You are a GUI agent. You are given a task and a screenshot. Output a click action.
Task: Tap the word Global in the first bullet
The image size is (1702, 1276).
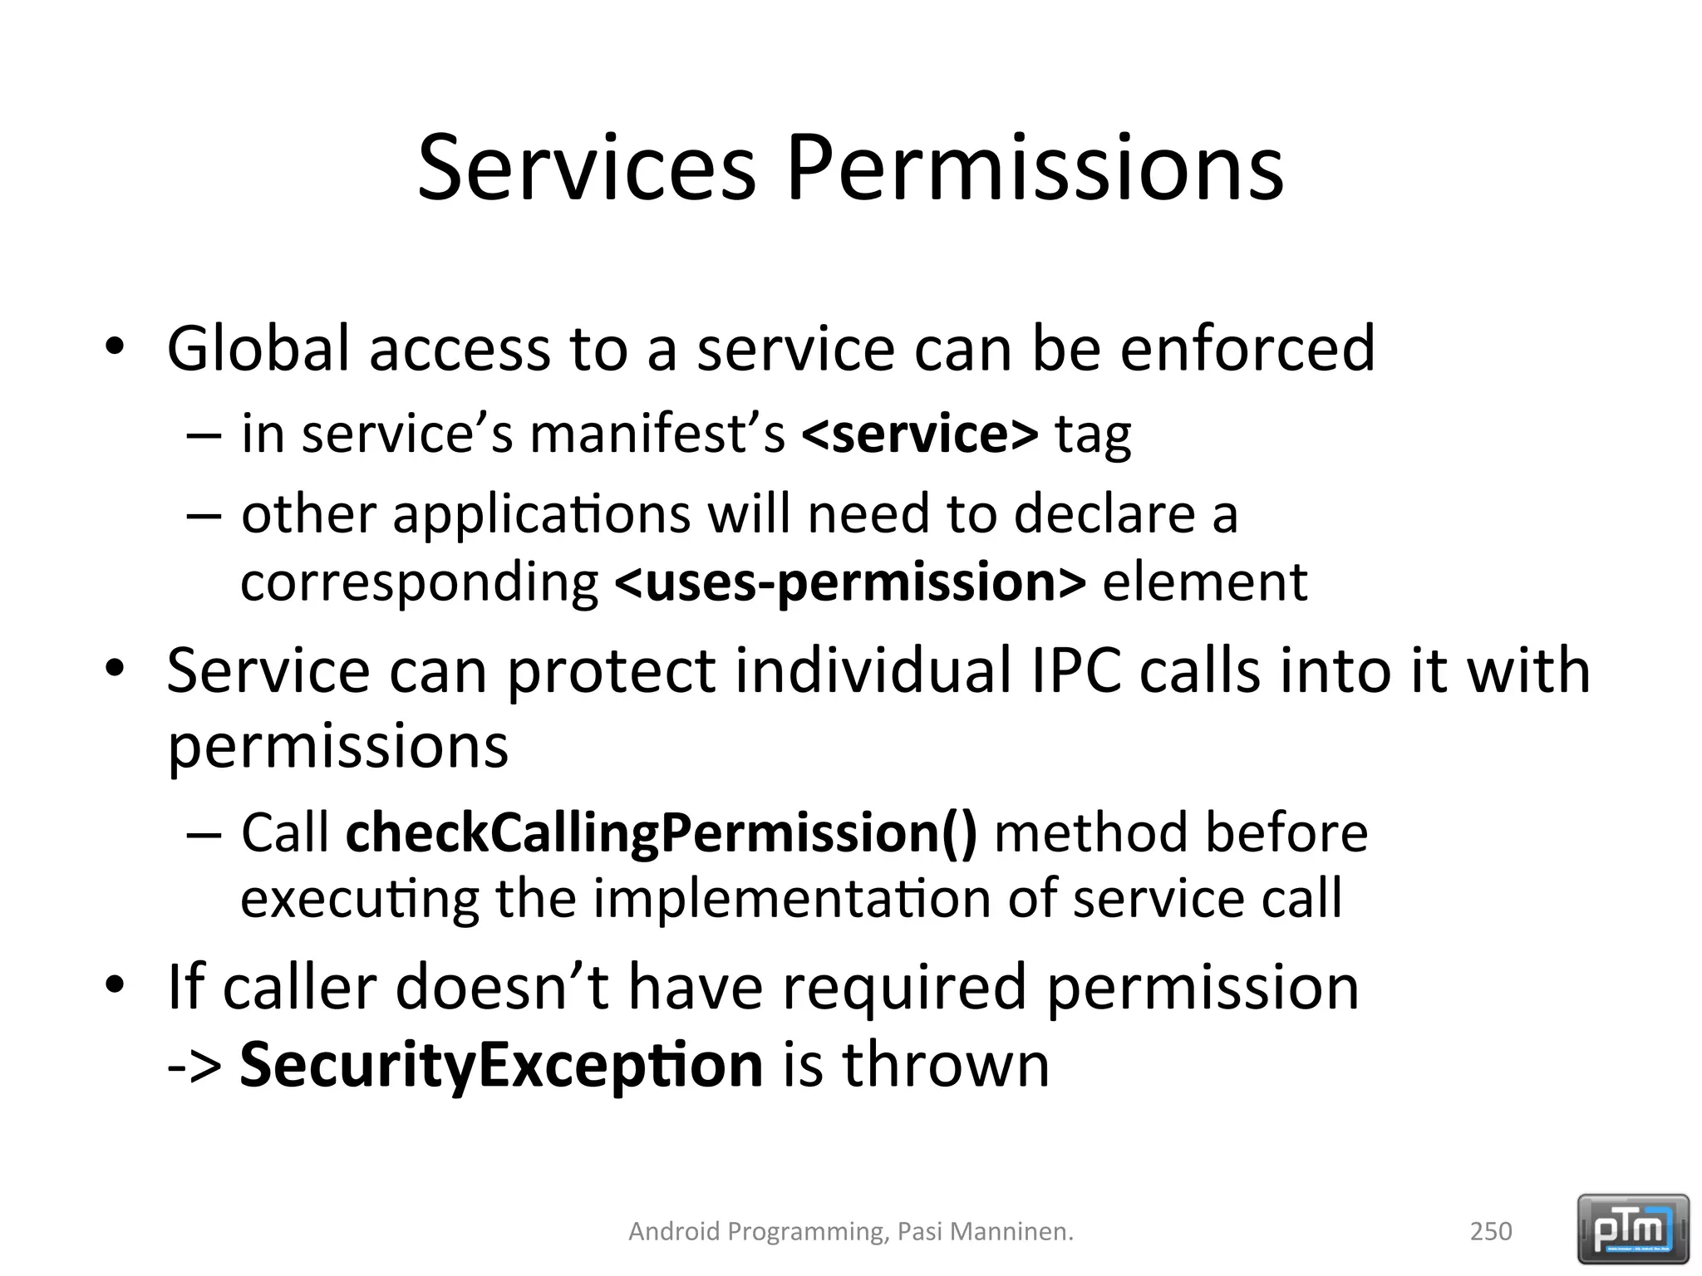(258, 349)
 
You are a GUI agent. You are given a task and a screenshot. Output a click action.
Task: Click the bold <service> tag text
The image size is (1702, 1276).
(919, 434)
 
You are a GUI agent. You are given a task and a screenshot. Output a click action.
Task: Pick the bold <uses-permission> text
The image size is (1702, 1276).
(849, 582)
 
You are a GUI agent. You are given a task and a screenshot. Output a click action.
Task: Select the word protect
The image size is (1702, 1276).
(611, 670)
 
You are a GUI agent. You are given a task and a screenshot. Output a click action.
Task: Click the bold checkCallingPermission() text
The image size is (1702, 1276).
(662, 833)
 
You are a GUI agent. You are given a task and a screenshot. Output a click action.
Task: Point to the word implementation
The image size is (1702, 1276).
(791, 899)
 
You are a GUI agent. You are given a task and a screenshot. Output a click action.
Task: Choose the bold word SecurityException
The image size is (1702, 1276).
(501, 1065)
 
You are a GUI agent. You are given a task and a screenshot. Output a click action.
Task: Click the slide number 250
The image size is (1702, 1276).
(1491, 1230)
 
